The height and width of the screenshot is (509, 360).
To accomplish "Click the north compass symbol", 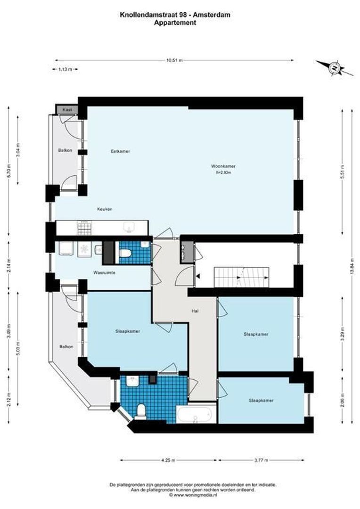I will (335, 68).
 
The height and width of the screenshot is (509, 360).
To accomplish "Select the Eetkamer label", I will (120, 151).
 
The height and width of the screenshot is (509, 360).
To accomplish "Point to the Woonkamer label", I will (223, 166).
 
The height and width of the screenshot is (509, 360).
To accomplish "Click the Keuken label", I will (105, 209).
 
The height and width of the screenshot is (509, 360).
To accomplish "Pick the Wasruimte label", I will (105, 272).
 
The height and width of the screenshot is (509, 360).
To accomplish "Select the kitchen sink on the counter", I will (128, 228).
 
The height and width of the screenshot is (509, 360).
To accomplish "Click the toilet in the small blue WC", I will (125, 253).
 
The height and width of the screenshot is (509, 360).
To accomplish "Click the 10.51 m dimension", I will (174, 60).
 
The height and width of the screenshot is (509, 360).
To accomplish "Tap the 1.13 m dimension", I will (65, 69).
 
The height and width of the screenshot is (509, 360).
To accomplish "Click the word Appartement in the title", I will (175, 22).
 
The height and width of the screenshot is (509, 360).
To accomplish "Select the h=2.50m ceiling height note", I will (223, 173).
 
